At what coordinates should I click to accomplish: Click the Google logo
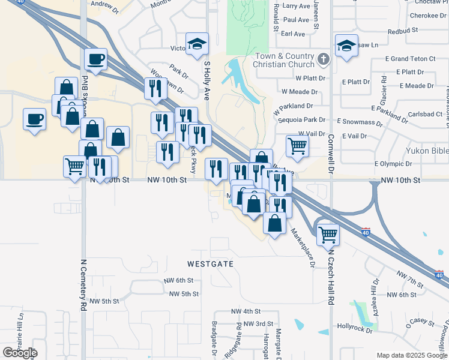(20, 353)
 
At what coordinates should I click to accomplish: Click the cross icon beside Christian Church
(324, 59)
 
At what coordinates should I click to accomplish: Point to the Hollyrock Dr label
(355, 329)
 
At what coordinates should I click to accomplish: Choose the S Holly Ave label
(207, 79)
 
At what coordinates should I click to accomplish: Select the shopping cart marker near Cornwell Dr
(297, 146)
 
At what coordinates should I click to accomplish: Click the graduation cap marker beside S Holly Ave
(197, 44)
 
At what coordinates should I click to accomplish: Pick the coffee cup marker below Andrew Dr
(95, 59)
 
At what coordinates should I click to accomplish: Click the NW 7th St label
(410, 278)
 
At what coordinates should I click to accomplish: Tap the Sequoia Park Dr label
(301, 120)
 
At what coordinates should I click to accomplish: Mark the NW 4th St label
(246, 311)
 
